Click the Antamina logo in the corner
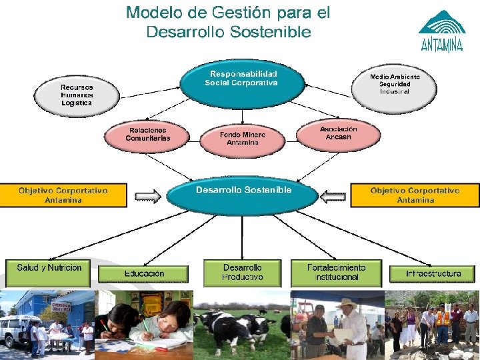[441, 31]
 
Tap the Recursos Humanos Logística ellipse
[77, 95]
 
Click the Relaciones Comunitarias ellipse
[148, 135]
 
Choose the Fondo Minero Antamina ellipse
[243, 139]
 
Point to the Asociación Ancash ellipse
[338, 133]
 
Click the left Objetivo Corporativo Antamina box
[63, 195]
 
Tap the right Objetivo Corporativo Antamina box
[415, 195]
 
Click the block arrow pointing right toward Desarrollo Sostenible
[148, 196]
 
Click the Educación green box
[143, 273]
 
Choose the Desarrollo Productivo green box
[242, 272]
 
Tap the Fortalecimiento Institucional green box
[336, 272]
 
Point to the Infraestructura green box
[433, 273]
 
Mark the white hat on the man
[347, 303]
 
